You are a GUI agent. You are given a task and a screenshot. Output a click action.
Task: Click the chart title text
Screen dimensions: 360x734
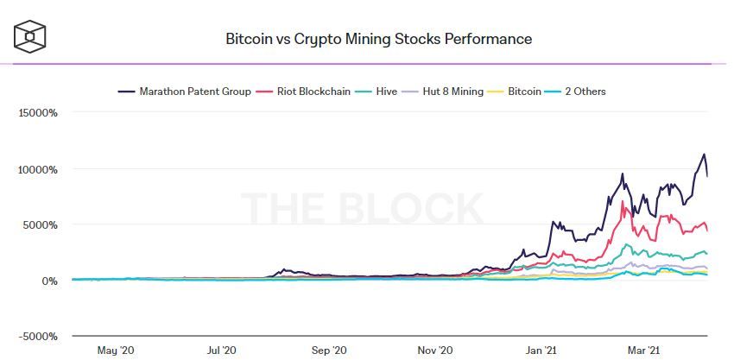pyautogui.click(x=378, y=39)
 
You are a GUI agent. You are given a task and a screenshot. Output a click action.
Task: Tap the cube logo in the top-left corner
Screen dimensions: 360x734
pyautogui.click(x=30, y=35)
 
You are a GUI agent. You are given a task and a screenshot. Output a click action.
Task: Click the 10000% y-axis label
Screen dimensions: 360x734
pyautogui.click(x=37, y=169)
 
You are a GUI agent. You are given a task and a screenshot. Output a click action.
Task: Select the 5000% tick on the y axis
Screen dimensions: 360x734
pyautogui.click(x=41, y=225)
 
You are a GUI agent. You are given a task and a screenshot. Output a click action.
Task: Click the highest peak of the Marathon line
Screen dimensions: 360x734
pyautogui.click(x=704, y=155)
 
